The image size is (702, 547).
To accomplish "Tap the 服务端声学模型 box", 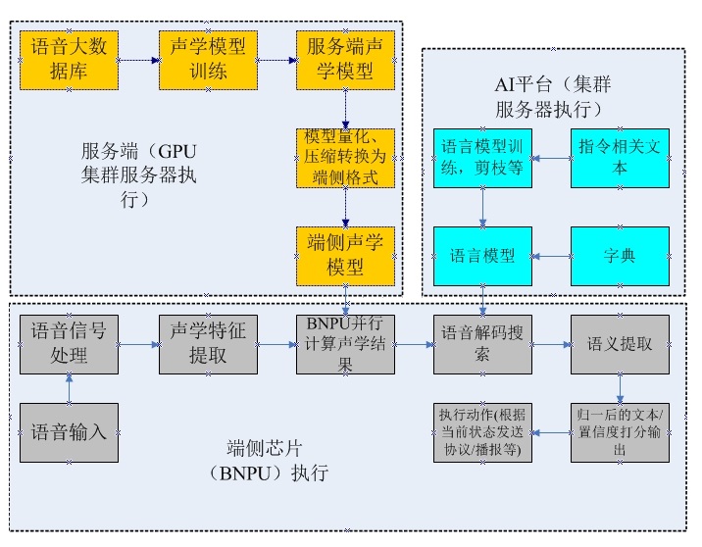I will (345, 60).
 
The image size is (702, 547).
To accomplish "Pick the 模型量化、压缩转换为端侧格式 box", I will (345, 158).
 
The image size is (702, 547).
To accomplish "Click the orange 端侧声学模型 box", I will (345, 255).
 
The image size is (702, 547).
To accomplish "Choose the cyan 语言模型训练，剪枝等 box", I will (482, 158).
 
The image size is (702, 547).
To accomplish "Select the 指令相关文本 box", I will (620, 158).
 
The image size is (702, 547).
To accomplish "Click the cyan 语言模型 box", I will (482, 256).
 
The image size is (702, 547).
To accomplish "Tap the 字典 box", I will (620, 256).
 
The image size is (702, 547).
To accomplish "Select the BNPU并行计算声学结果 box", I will (345, 344).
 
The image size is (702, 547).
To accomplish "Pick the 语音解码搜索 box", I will (482, 344).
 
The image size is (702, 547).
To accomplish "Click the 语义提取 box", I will (620, 344).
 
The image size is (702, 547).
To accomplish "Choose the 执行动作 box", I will (482, 432).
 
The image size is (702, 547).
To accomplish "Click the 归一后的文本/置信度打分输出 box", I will (620, 432).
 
